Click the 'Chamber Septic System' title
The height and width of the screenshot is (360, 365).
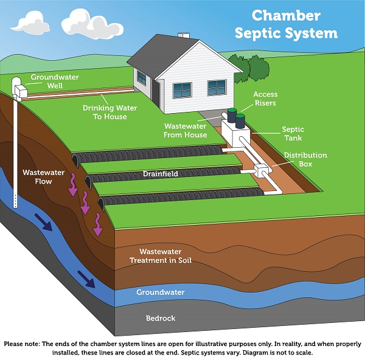pos(294,24)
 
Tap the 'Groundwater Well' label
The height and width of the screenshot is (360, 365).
pos(52,81)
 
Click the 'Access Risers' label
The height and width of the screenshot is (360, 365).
pos(265,99)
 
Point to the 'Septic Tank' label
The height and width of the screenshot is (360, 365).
pos(293,134)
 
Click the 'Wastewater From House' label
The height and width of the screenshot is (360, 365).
pos(186,130)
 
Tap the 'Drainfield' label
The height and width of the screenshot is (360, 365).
pos(161,174)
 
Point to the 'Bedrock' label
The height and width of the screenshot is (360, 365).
pos(161,318)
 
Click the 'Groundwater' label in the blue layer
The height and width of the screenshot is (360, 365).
pos(161,292)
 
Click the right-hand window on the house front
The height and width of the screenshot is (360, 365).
pos(216,89)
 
